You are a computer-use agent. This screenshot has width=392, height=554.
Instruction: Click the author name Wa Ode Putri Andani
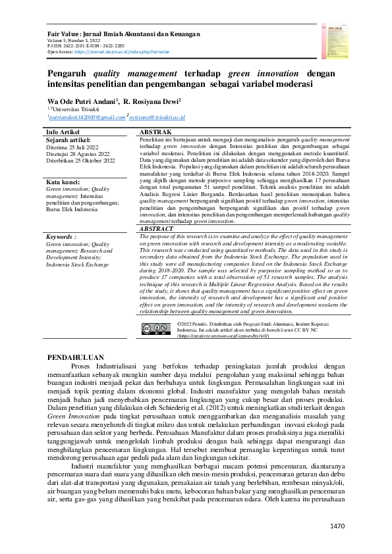click(x=82, y=102)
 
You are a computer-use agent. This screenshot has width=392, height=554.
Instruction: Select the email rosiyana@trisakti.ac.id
click(x=157, y=116)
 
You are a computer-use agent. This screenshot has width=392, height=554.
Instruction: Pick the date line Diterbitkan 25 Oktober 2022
click(x=80, y=161)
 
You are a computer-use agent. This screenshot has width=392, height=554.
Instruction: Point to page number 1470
click(x=337, y=526)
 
